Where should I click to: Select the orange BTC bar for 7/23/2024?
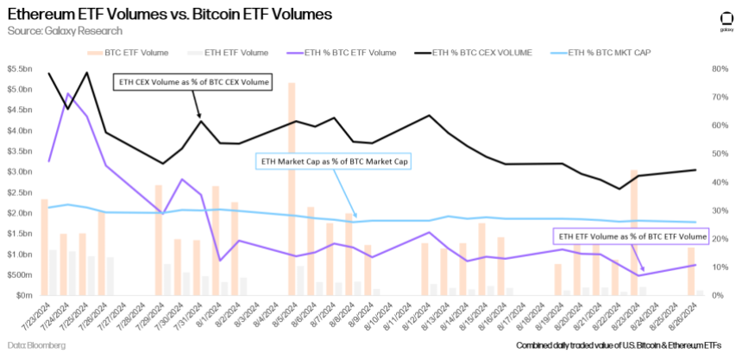tap(44, 247)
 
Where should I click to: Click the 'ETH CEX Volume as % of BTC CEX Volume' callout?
tap(192, 83)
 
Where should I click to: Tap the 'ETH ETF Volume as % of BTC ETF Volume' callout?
tap(629, 235)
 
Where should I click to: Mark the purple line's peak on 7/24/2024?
tap(68, 93)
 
